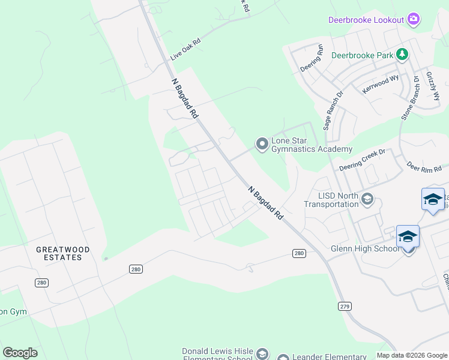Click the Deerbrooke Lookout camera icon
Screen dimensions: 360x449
(x=414, y=20)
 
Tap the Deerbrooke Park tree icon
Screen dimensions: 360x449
(x=402, y=55)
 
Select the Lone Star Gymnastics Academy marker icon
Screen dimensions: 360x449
(x=262, y=144)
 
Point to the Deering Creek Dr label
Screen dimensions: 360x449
(x=361, y=159)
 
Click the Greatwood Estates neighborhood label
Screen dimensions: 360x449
(x=63, y=253)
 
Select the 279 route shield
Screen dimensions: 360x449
(x=345, y=306)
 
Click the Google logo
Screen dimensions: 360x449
(x=20, y=353)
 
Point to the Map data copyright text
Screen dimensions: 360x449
(x=411, y=355)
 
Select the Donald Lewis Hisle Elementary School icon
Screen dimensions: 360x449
(x=262, y=354)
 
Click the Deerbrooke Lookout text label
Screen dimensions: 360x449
(x=366, y=20)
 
